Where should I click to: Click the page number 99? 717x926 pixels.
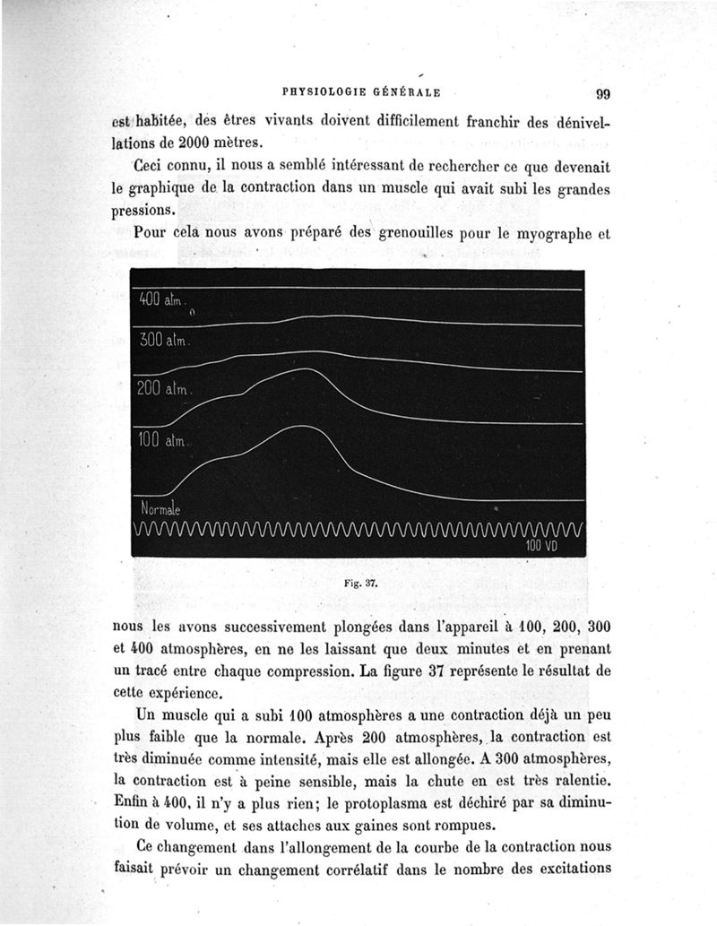[602, 93]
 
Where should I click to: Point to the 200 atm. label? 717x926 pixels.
[163, 389]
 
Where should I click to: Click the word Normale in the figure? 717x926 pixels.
[160, 509]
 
